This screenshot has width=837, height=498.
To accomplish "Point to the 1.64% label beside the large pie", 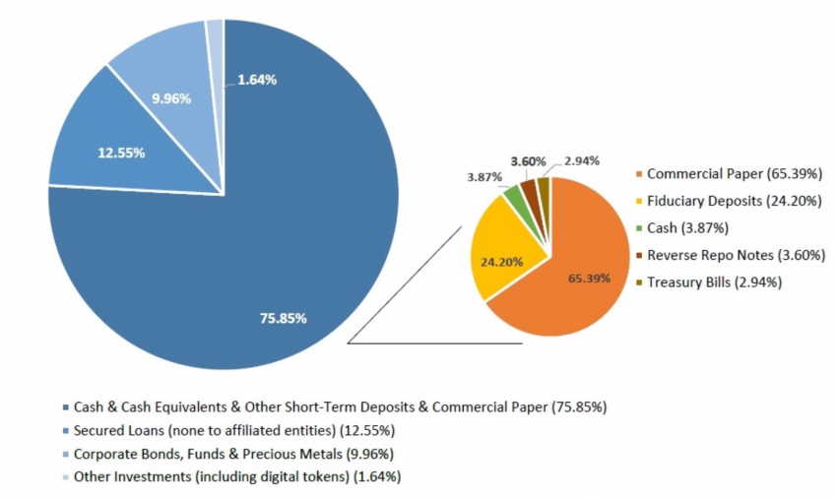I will (257, 80).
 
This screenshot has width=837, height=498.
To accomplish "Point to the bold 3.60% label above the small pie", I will (528, 160).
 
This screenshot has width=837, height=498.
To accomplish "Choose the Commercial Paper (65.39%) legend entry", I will (722, 174).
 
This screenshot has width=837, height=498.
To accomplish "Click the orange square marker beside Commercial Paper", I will (638, 174).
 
